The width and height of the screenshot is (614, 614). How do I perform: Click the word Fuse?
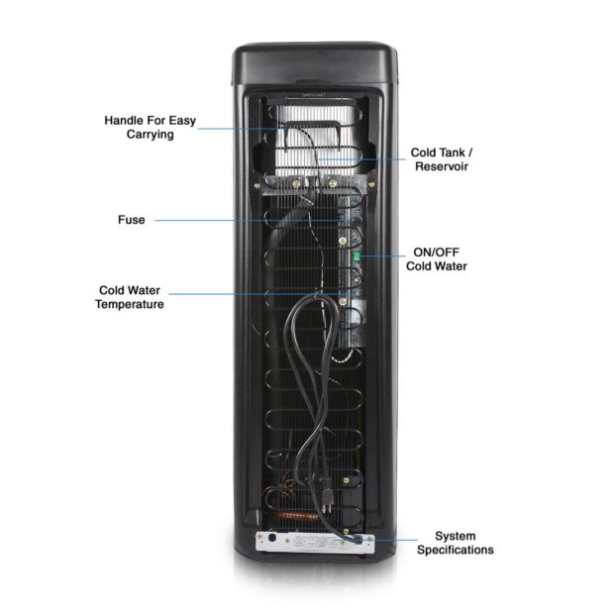click(x=130, y=219)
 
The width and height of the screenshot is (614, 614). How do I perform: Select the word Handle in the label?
click(x=126, y=120)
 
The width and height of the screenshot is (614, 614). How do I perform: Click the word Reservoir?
click(x=441, y=167)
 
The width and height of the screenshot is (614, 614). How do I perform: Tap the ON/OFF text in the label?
click(x=436, y=251)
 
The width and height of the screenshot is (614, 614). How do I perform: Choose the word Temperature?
click(x=130, y=305)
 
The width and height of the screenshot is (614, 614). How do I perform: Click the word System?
click(x=456, y=535)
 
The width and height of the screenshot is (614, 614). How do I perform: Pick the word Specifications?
click(x=455, y=550)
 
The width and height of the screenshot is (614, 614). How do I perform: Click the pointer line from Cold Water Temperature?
click(x=248, y=293)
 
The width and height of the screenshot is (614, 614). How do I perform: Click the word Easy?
click(x=180, y=120)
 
